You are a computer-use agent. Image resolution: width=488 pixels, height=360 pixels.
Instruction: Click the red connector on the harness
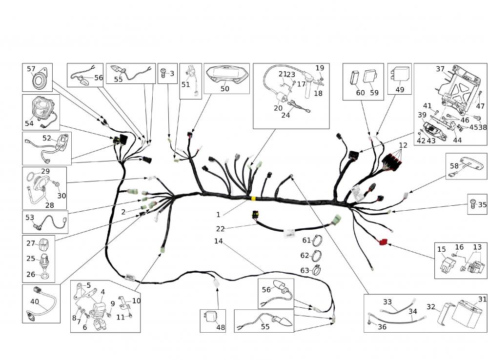pos(383,241)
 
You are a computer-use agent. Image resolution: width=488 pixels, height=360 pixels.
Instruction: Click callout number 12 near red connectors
pos(403,145)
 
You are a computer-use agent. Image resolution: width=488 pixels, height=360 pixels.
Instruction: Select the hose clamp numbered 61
pos(317,241)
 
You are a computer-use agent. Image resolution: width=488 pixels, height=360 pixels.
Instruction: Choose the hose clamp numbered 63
pos(317,269)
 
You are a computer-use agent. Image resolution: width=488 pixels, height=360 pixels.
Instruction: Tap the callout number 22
pos(220,229)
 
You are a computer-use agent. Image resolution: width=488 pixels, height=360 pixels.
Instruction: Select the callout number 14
pos(218,241)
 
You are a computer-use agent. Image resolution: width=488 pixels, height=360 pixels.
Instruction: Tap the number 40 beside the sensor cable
pos(35,301)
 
